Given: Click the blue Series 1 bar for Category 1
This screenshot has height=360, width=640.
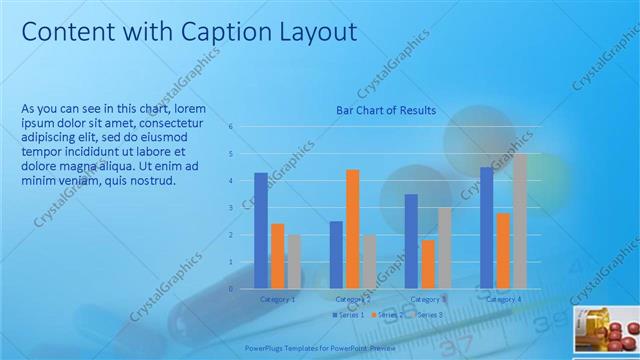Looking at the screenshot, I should [261, 231].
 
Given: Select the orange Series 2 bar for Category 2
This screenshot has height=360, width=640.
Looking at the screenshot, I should [352, 229].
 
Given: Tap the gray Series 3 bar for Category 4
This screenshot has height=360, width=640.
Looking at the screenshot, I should [519, 221].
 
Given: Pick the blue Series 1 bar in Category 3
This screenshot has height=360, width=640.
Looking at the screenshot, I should [411, 241].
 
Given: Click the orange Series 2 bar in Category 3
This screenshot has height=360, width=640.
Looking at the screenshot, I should [428, 264].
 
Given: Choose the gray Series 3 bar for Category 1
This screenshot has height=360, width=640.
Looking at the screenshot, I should [294, 262].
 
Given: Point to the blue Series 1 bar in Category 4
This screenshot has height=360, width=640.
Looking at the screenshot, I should [486, 228].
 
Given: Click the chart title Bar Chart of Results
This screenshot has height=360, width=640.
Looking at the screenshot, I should [385, 111].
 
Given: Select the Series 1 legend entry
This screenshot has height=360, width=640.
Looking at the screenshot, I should [347, 315].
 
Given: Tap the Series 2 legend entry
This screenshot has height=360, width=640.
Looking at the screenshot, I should [386, 315].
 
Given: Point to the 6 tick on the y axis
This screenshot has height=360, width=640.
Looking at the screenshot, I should [231, 127].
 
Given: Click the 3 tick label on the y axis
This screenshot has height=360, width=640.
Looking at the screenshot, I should [231, 208].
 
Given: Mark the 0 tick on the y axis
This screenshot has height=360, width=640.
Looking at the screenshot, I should [231, 289].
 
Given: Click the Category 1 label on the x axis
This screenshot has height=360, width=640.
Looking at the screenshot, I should [278, 299].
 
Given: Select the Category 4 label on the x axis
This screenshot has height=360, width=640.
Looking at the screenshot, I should [503, 299].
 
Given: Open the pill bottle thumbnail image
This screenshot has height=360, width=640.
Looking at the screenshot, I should [606, 332].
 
